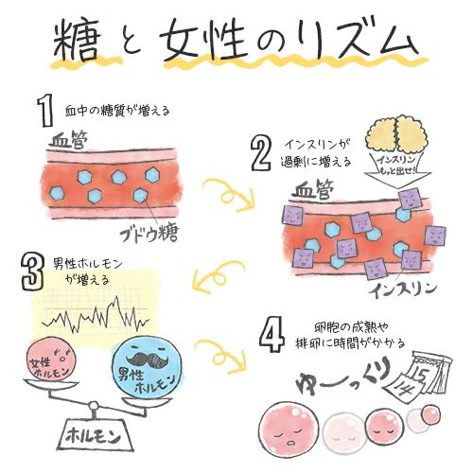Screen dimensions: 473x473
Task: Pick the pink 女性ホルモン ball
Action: pyautogui.click(x=48, y=363)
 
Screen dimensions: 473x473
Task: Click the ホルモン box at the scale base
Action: pyautogui.click(x=95, y=436)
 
